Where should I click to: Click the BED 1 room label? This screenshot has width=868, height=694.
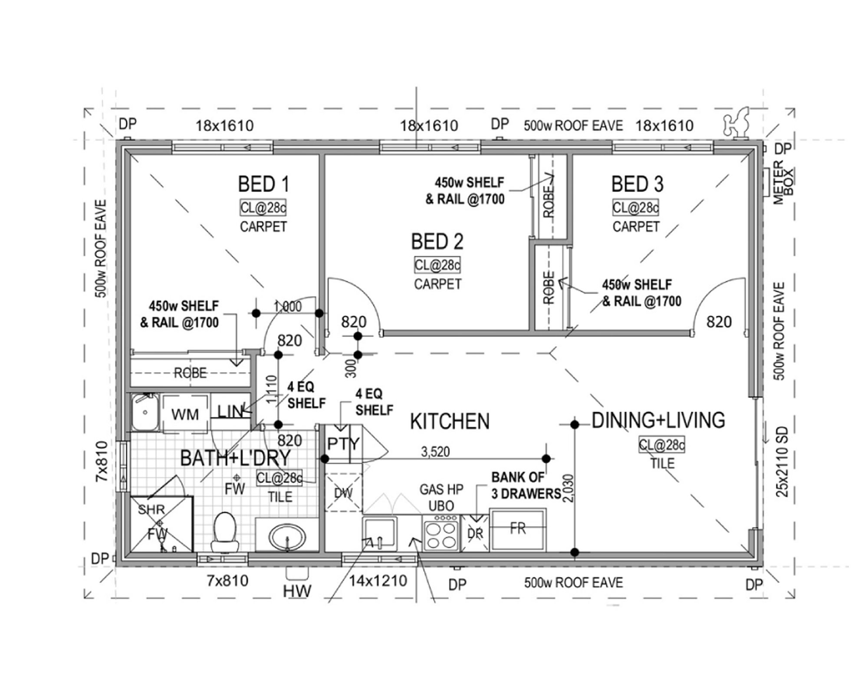coord(263,184)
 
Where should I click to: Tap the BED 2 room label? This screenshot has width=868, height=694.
coord(437,242)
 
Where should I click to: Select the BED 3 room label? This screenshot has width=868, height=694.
coord(637,184)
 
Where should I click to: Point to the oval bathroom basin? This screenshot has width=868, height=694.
coord(287,537)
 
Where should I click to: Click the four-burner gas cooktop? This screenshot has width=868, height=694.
coord(441,534)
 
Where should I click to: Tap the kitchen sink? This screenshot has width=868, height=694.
coord(380,534)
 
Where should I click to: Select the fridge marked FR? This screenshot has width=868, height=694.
coord(518,530)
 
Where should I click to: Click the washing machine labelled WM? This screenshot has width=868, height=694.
coord(185,414)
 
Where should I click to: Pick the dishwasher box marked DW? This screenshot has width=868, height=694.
coord(343,493)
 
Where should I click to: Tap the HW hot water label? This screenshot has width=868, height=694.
coord(297,591)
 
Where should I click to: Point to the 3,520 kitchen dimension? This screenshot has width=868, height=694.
coord(435,452)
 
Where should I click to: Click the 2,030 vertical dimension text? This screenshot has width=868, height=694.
coord(568,488)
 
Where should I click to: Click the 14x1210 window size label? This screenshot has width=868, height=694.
coord(378,580)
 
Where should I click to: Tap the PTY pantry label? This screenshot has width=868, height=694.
coord(343,444)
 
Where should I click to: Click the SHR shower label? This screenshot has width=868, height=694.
coord(151,509)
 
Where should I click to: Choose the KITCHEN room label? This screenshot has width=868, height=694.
coord(450,422)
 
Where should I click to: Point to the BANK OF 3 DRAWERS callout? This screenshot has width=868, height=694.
coord(526,486)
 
